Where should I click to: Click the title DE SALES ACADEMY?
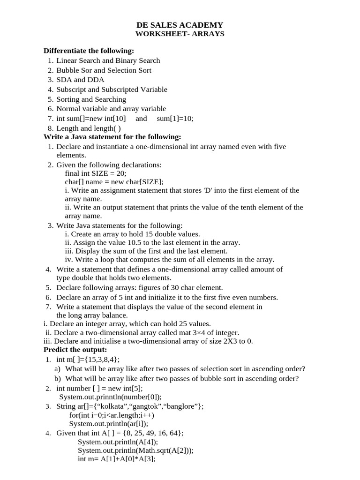(180, 25)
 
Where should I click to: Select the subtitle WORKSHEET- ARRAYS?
(180, 34)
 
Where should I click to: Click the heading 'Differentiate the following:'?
(89, 51)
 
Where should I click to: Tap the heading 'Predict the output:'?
(75, 350)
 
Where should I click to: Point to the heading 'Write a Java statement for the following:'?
(112, 137)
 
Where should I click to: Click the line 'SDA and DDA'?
(80, 80)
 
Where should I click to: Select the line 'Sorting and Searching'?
(91, 99)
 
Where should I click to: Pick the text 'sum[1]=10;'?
(175, 119)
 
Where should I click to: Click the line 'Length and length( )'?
(89, 128)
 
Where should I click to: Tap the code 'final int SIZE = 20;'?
(96, 173)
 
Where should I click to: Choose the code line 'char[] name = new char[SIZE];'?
(114, 182)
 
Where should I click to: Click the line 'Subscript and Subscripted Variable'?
(112, 90)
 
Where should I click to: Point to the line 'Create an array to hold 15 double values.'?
(132, 233)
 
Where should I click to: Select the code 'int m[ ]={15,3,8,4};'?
(88, 359)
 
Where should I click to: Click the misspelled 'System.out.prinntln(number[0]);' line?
(110, 397)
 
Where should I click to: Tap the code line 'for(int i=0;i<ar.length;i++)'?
(112, 415)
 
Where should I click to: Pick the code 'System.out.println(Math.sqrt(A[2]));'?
(135, 450)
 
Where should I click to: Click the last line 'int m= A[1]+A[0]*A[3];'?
(116, 459)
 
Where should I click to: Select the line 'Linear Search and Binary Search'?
(108, 60)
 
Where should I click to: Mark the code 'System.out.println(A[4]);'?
(118, 442)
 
